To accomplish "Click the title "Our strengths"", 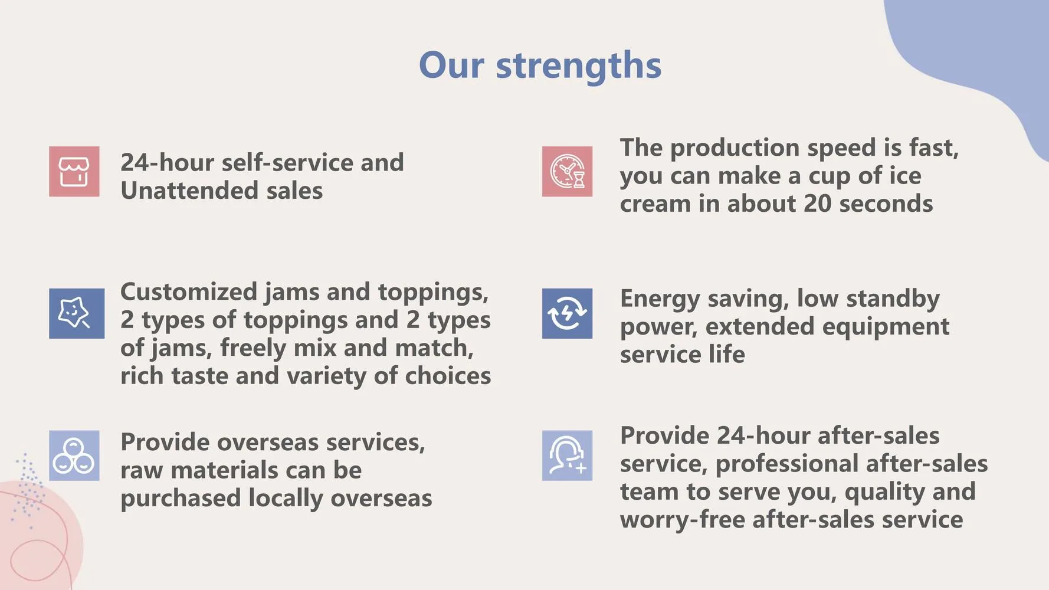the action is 540,65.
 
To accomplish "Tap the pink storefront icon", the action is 74,172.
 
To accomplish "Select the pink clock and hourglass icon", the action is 567,172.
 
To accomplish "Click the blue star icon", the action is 77,313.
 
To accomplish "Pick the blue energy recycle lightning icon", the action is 567,313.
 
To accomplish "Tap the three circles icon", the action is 74,455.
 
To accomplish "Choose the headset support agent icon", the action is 567,455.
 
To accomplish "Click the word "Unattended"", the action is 189,191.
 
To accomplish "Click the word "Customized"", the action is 189,292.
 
